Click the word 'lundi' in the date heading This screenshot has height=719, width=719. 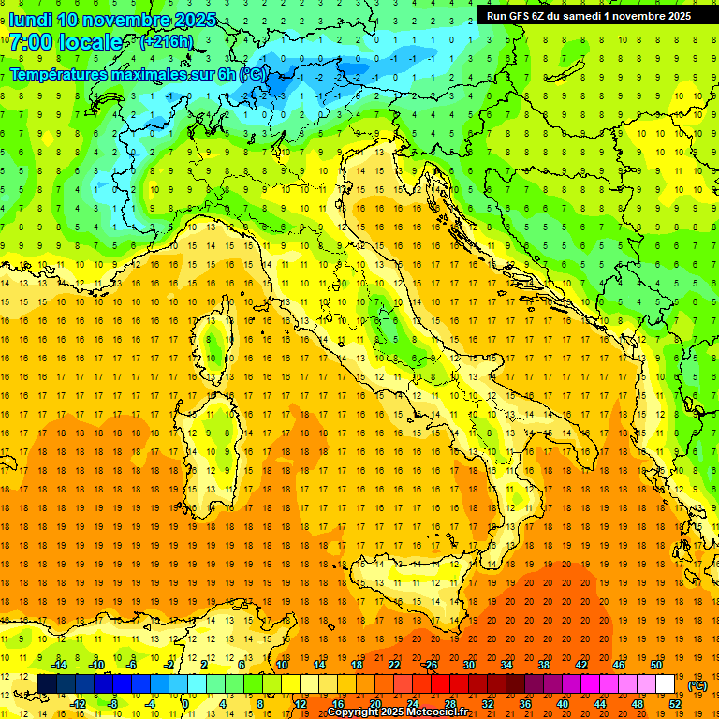(x=30, y=20)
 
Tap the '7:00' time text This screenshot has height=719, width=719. (x=30, y=42)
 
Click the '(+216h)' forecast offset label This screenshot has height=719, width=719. (x=166, y=42)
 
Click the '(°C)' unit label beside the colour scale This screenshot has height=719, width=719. (x=697, y=685)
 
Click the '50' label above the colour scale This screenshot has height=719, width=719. (x=656, y=665)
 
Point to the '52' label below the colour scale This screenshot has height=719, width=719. (x=675, y=704)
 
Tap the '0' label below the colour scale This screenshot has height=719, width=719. (x=185, y=704)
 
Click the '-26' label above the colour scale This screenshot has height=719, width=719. (x=430, y=665)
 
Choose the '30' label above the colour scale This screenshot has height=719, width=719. (x=468, y=665)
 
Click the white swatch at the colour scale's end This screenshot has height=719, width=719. (x=665, y=684)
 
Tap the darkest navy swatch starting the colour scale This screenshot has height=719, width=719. (x=47, y=684)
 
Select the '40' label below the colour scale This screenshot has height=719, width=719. (x=562, y=704)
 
